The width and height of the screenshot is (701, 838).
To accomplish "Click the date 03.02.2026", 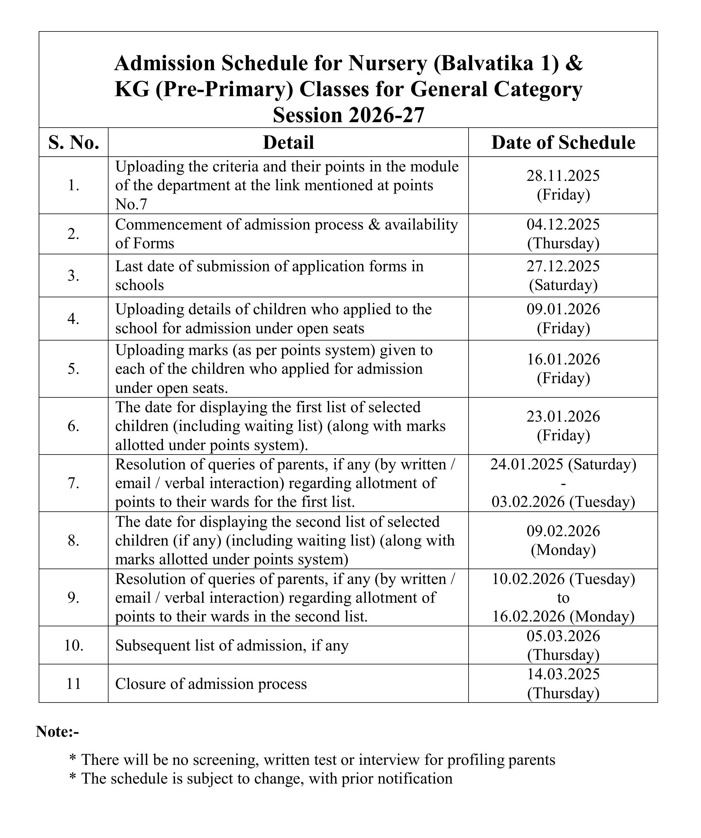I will tap(528, 502).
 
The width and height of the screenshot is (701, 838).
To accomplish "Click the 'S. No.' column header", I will tap(74, 143).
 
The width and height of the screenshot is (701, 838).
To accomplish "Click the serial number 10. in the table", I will tap(74, 646).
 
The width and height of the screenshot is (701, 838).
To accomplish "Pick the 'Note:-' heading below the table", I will tap(57, 732).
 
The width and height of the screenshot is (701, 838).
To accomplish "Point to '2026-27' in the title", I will tap(386, 115).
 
